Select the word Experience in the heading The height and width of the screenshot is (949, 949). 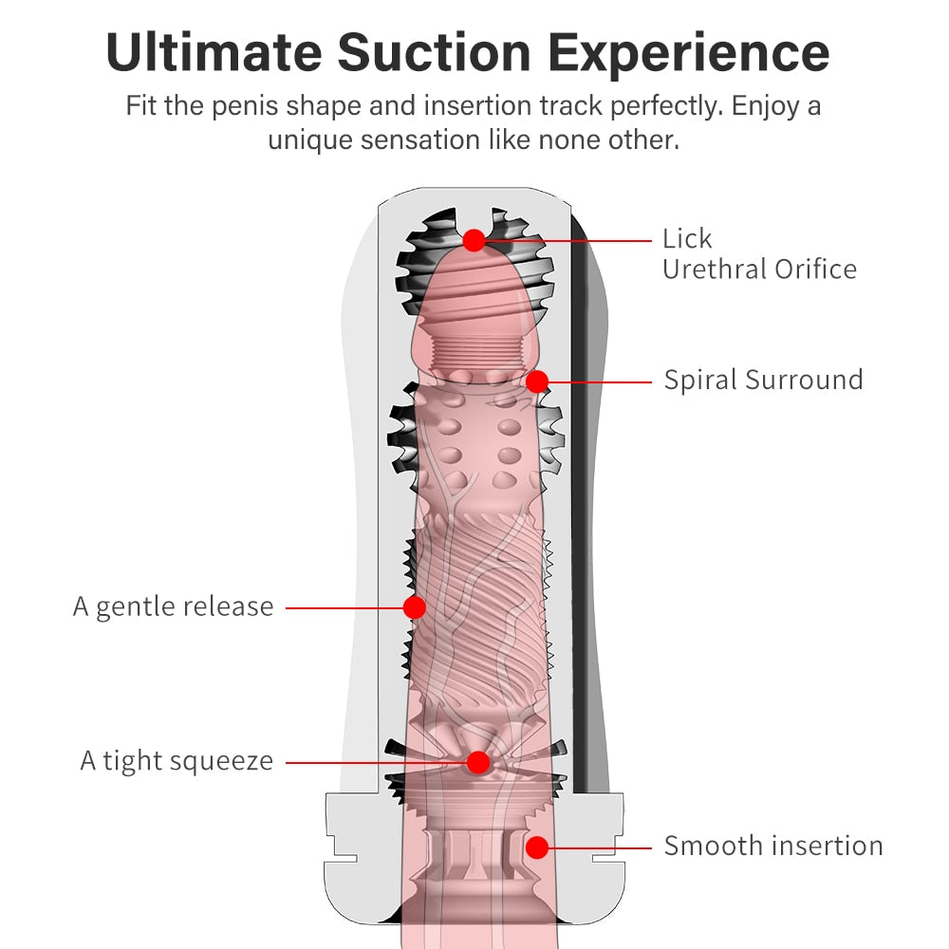pos(699,55)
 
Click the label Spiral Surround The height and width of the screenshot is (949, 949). pos(763,380)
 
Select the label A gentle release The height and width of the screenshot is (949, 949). pos(174,606)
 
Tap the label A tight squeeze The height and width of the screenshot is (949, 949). pos(177,760)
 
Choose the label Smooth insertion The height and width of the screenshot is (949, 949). pos(773,846)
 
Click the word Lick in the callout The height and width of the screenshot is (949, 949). pos(687,238)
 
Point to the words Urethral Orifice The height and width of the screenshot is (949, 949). pos(759,269)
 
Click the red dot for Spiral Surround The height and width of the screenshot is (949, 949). pos(537,381)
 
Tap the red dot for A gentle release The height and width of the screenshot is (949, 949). pos(414,607)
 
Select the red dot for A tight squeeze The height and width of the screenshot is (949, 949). pos(478,761)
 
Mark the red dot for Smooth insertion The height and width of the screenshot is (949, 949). pos(537,846)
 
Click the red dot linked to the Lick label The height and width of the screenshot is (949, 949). pos(474,240)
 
